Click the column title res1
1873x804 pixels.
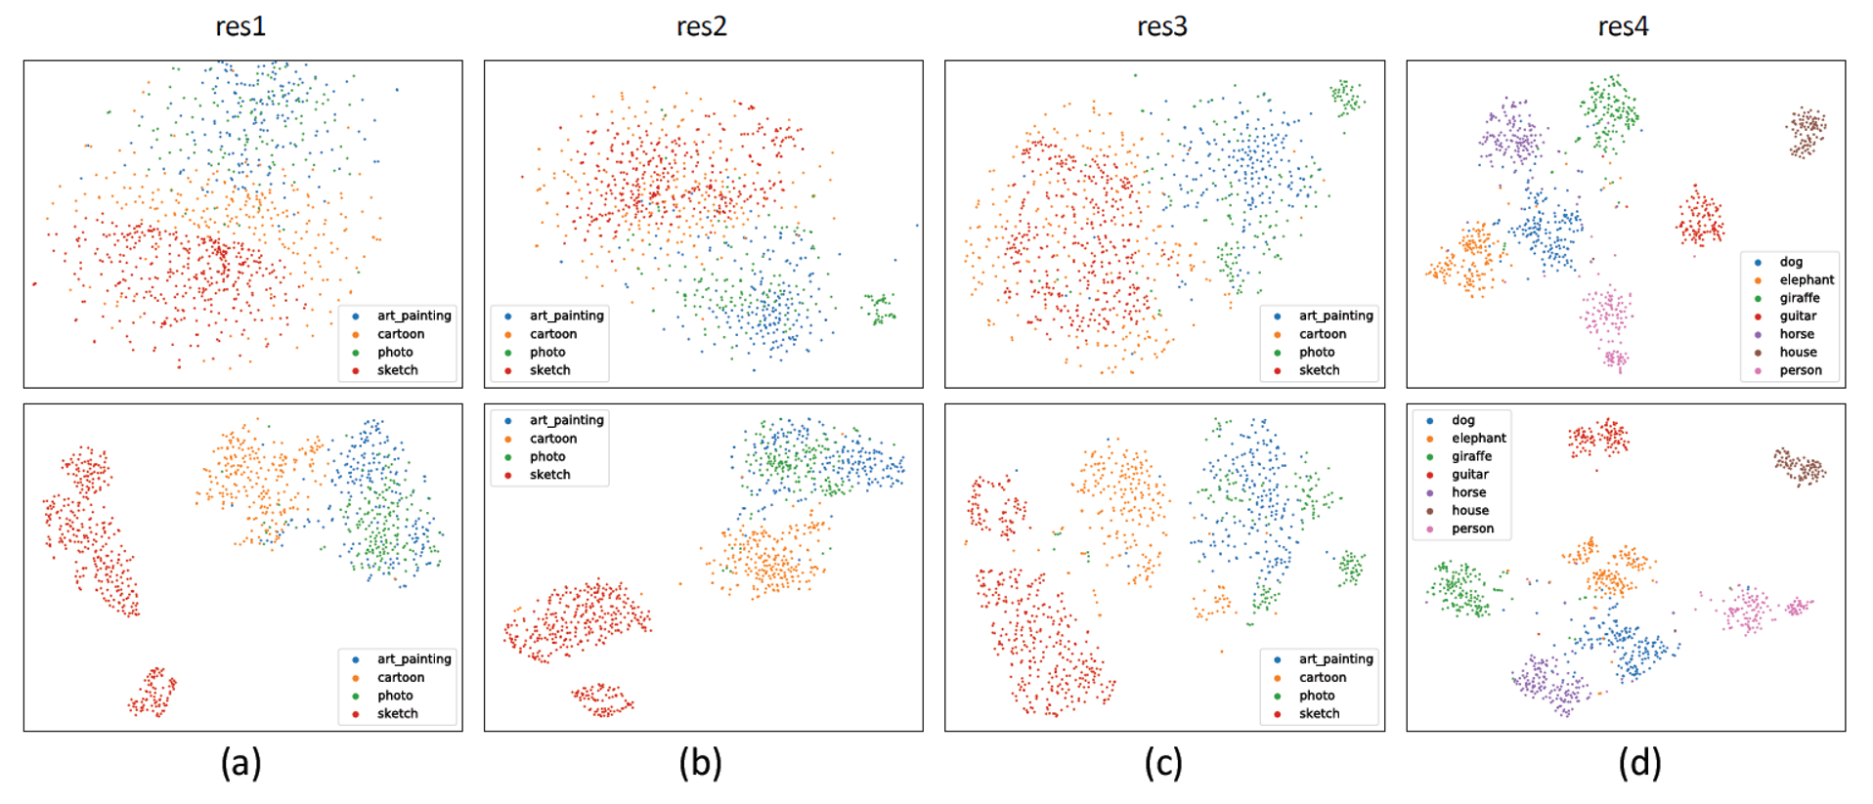coord(240,26)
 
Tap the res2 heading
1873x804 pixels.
coord(701,26)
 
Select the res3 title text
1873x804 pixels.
coord(1161,26)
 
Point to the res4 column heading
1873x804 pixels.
coord(1623,26)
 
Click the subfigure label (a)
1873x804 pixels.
coord(240,762)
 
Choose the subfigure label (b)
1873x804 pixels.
coord(700,762)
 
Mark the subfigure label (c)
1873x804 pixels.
coord(1162,762)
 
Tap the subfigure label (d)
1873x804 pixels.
coord(1638,762)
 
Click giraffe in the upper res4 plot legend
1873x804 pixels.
coord(1799,298)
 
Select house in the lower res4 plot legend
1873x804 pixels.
coord(1469,510)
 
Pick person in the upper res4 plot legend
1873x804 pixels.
coord(1800,370)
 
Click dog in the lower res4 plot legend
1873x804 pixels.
coord(1462,420)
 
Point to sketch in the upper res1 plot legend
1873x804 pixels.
coord(397,370)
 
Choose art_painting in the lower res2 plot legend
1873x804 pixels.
coord(566,420)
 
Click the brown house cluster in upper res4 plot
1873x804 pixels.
coord(1806,132)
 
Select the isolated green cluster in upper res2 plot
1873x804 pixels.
coord(879,308)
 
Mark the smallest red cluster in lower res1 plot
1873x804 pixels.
coord(152,693)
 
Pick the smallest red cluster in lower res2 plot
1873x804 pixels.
coord(602,699)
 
